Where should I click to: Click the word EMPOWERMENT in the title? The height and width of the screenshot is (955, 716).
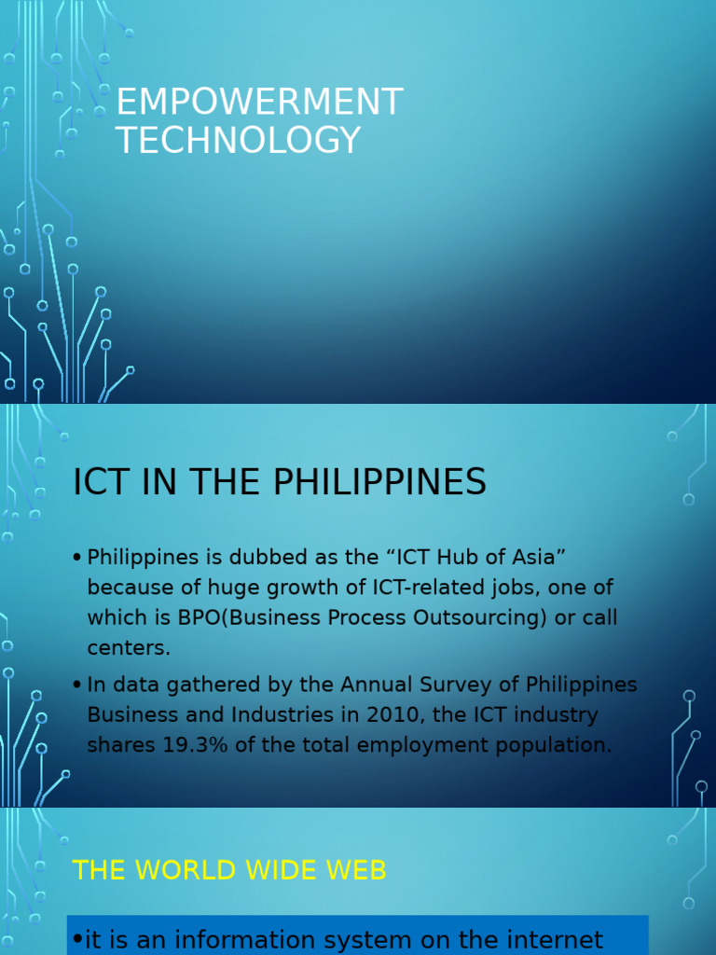259,103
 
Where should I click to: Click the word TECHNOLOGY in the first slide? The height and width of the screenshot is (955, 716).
238,141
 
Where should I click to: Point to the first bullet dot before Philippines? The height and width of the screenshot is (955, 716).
76,558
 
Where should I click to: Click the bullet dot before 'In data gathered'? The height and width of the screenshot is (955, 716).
76,685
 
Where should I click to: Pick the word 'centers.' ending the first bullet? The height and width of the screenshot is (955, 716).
129,647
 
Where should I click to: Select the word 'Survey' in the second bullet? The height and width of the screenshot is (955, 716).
459,684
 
